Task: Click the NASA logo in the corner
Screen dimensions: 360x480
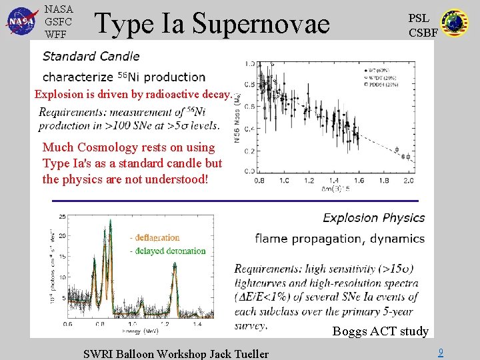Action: coord(21,21)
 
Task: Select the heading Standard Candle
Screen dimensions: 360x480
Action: coord(91,56)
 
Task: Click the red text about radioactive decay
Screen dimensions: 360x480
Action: coord(133,94)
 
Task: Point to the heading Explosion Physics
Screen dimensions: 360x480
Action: coord(373,218)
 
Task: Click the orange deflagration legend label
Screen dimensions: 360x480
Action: coord(156,237)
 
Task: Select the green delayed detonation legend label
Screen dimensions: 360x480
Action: coord(169,251)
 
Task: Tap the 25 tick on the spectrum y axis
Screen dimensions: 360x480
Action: coord(62,217)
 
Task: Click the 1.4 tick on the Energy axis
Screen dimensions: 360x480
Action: coord(197,324)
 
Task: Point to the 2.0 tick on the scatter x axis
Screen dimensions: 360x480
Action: coord(408,181)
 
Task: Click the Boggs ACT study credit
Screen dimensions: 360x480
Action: coord(380,331)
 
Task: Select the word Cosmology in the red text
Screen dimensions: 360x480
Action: coord(147,147)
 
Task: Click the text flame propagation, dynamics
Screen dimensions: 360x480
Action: coord(339,239)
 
